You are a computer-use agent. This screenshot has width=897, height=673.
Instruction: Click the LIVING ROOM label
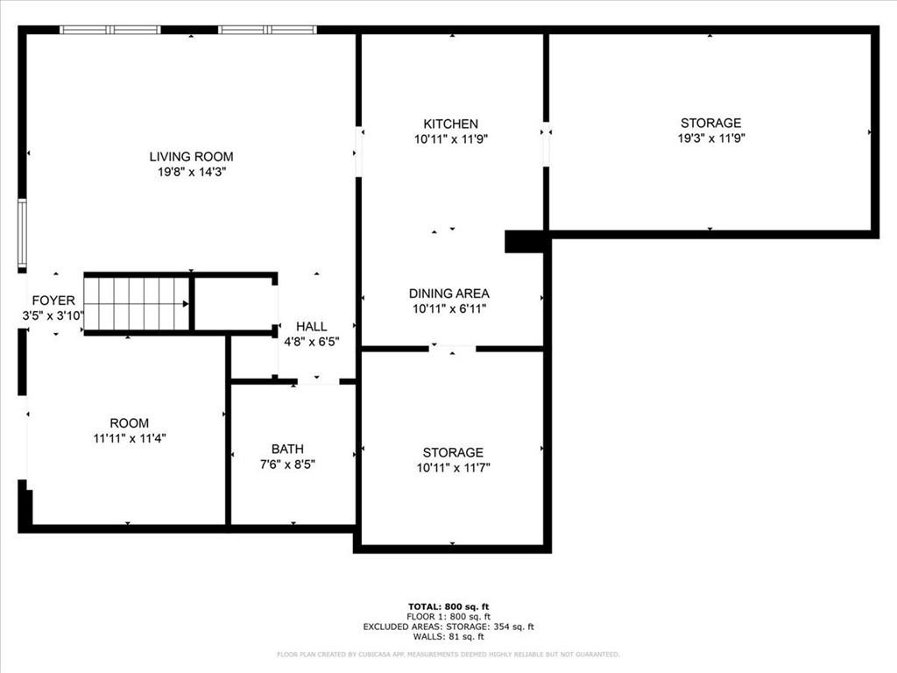tap(191, 157)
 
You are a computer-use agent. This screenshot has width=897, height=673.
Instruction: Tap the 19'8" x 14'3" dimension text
tap(191, 173)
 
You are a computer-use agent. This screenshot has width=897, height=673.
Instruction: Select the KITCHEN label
tap(450, 124)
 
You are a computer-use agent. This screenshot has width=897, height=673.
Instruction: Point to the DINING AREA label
tap(448, 294)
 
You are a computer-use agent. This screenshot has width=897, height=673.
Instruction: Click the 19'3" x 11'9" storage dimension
tap(710, 138)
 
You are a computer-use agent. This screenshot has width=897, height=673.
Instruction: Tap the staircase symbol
tap(138, 304)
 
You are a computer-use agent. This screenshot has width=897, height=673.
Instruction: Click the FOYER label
tap(53, 301)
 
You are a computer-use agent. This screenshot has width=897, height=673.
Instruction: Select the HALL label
tap(311, 327)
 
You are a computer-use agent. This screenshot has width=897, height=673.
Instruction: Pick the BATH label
tap(287, 450)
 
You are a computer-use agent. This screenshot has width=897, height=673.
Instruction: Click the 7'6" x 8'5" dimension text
tap(287, 464)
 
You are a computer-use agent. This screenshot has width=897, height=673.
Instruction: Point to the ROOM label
tap(129, 423)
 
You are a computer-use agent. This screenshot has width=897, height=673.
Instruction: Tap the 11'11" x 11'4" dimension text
tap(129, 437)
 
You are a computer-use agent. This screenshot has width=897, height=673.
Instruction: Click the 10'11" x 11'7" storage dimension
tap(452, 467)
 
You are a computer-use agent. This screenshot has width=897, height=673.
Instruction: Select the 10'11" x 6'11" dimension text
tap(448, 308)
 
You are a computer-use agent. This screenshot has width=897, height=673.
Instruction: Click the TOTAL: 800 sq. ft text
tap(448, 606)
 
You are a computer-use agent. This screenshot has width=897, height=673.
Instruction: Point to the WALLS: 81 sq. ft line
tap(448, 636)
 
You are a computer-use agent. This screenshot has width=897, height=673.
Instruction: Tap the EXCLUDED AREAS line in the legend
tap(448, 627)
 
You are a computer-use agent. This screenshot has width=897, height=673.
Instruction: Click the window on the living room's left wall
tap(22, 233)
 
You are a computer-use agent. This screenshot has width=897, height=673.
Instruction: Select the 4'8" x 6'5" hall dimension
tap(311, 342)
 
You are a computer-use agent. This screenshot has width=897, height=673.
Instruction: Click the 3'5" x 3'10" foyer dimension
tap(53, 315)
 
